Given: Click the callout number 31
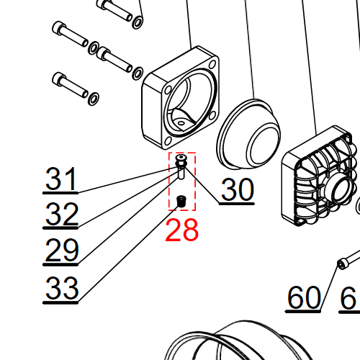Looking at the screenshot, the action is [61, 179].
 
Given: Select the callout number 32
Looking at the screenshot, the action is [62, 214].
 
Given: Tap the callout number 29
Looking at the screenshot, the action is [62, 250].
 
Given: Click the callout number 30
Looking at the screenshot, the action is [237, 189].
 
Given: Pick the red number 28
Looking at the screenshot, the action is [181, 230].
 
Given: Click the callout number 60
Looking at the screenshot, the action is [304, 297].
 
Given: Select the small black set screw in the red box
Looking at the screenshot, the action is [181, 201].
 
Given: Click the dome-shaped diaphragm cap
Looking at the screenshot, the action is [248, 134].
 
